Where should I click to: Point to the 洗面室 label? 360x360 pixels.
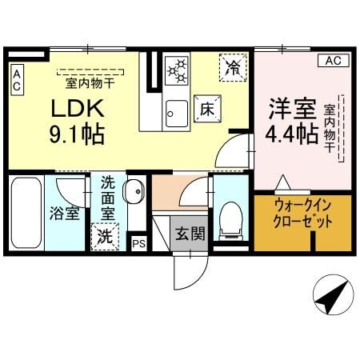[107, 198]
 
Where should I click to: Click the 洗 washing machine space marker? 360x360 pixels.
[105, 237]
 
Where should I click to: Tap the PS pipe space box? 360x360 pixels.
[138, 244]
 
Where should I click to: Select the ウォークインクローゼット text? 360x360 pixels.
[302, 214]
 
